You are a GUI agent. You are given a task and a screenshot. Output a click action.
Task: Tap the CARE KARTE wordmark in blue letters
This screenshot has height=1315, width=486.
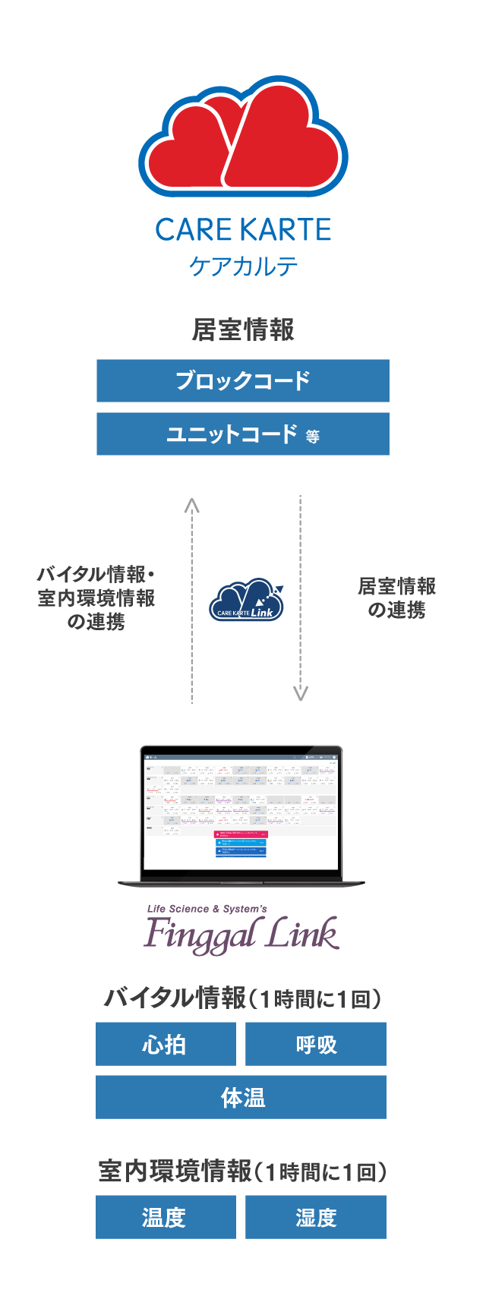tap(243, 230)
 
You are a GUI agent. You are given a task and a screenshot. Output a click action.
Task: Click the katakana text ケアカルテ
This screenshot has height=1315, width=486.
tap(243, 266)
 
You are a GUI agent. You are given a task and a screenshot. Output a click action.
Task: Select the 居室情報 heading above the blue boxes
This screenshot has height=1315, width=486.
tap(243, 330)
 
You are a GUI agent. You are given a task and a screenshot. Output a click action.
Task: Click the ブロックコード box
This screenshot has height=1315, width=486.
tap(243, 380)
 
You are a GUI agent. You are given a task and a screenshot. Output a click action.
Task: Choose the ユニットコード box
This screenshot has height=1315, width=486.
tap(243, 434)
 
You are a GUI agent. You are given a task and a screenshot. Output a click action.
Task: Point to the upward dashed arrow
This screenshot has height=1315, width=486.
tap(192, 600)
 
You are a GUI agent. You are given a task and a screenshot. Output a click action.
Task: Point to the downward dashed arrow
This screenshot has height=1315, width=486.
tap(301, 600)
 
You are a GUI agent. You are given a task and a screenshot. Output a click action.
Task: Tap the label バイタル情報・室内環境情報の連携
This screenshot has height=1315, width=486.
tap(96, 598)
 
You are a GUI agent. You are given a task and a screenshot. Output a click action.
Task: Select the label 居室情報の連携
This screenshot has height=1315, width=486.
tap(396, 598)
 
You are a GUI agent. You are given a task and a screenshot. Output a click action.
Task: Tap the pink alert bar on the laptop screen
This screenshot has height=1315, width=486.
tap(241, 834)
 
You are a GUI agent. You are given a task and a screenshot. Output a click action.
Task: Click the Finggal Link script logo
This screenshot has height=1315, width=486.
tap(241, 933)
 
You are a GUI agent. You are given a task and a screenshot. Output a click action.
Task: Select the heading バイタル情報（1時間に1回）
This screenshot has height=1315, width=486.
tap(241, 998)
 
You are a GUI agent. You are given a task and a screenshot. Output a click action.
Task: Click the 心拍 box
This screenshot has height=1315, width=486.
tap(166, 1044)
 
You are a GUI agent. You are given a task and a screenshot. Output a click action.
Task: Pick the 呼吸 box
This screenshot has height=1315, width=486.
tap(316, 1044)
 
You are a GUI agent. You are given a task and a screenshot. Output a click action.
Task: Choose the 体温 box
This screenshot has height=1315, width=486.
tap(241, 1097)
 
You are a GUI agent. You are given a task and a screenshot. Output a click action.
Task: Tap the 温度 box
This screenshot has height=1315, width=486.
tap(166, 1217)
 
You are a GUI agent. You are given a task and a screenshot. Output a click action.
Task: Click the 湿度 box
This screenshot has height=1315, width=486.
tap(316, 1217)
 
